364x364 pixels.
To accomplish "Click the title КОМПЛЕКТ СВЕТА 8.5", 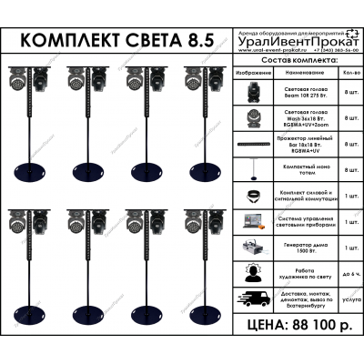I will pyautogui.click(x=119, y=42).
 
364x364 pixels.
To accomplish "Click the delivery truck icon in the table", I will pyautogui.click(x=253, y=298).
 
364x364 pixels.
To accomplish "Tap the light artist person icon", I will pyautogui.click(x=253, y=272).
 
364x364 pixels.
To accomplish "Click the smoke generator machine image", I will pyautogui.click(x=253, y=246).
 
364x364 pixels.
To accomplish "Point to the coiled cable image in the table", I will pyautogui.click(x=253, y=195).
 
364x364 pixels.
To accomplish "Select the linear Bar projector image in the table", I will pyautogui.click(x=253, y=143).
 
